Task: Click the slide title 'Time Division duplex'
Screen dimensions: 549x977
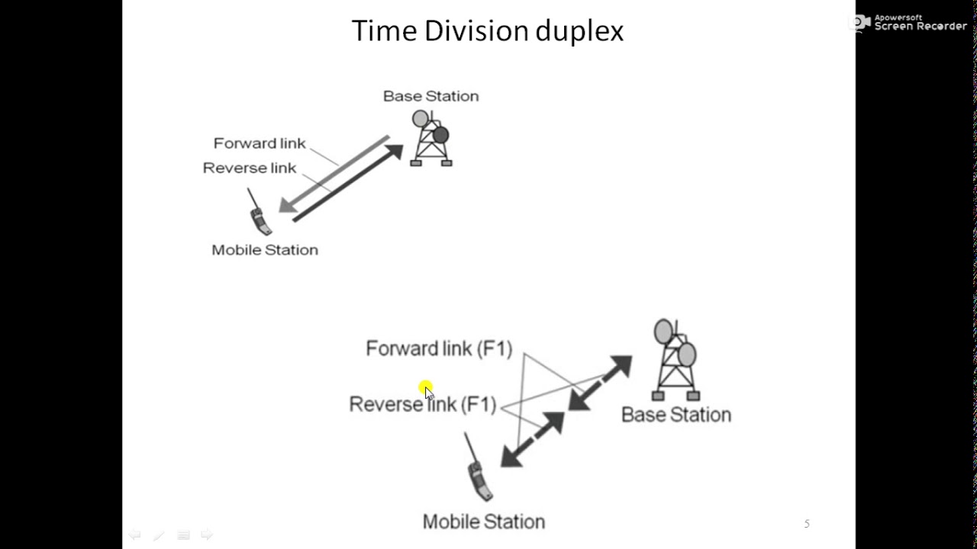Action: [487, 31]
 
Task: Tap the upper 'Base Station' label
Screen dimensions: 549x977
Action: [430, 96]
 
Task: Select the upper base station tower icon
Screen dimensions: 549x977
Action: [431, 140]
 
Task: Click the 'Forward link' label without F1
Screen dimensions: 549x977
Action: [260, 143]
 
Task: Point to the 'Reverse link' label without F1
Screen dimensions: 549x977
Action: [249, 168]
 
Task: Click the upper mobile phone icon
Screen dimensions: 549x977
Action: [260, 215]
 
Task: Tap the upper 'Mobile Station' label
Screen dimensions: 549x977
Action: [265, 250]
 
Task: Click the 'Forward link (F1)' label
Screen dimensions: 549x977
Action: [439, 348]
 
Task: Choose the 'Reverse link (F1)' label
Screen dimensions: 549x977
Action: [422, 404]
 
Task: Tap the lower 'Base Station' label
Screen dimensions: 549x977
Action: [676, 415]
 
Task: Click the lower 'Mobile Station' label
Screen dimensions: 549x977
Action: [484, 522]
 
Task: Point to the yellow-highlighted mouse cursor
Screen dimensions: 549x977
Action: [426, 390]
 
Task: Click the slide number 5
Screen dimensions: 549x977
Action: [807, 524]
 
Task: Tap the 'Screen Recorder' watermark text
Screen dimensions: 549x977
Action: [921, 26]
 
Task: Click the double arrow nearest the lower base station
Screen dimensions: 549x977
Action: [601, 383]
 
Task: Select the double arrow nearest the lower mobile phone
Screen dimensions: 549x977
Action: [532, 439]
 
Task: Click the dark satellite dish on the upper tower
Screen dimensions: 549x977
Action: [440, 136]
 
